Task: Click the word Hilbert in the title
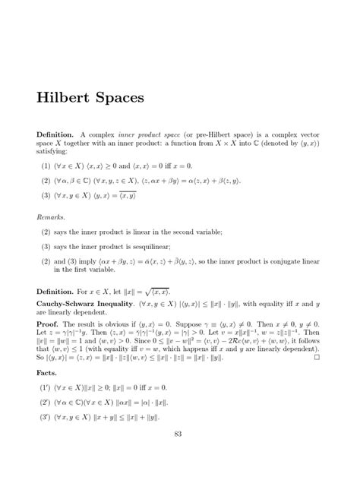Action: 65,99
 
